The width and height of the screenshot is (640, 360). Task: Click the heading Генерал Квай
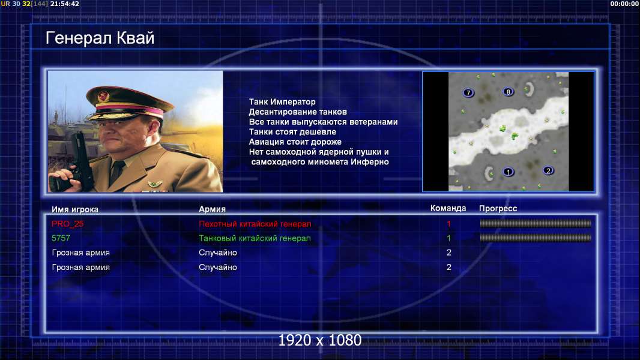[100, 38]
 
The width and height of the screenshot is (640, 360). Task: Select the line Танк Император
[282, 102]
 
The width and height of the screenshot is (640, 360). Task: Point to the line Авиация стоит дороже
[295, 142]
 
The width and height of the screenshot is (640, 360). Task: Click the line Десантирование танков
[298, 112]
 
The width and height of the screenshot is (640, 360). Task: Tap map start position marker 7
[468, 93]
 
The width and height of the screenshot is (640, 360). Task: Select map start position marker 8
[508, 92]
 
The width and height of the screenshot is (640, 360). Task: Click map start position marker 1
[508, 172]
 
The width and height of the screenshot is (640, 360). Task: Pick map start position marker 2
[548, 170]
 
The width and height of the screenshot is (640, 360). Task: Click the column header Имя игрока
[75, 209]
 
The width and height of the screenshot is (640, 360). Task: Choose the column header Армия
[213, 209]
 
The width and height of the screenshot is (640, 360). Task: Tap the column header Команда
[448, 208]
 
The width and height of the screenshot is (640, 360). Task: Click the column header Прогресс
[498, 208]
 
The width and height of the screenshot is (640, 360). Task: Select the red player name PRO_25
[67, 224]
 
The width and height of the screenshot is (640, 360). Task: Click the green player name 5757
[61, 238]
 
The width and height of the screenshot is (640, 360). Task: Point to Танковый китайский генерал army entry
[255, 238]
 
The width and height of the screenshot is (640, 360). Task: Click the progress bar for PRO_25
[536, 223]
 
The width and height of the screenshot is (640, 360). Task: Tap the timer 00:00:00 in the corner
[624, 4]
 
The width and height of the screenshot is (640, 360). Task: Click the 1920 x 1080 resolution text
[319, 340]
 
